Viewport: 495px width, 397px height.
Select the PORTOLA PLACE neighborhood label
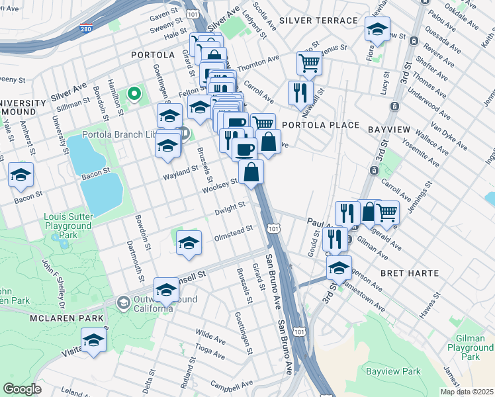point(321,125)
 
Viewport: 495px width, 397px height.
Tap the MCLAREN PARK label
point(66,318)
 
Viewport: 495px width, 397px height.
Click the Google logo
point(22,389)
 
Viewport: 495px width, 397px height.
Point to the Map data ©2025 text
point(467,392)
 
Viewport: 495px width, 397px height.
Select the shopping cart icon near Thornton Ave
point(309,64)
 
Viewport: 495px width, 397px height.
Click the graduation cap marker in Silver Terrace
point(377,30)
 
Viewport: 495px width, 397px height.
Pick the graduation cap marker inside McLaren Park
point(94,340)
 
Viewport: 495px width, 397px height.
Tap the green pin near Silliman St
point(134,94)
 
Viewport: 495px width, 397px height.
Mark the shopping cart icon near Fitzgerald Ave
point(386,212)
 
